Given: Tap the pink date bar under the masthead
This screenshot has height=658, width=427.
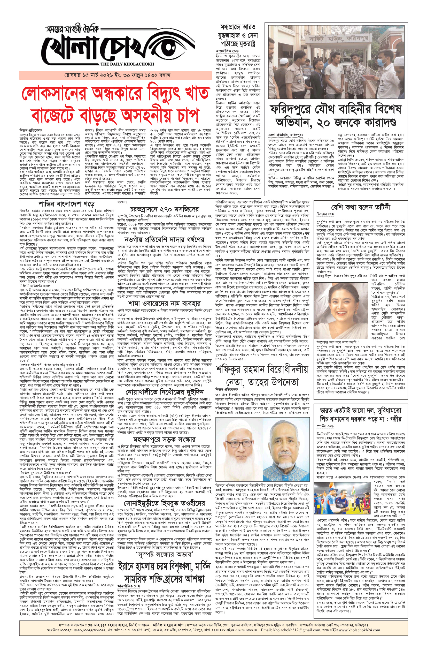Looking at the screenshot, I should [x=115, y=75].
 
